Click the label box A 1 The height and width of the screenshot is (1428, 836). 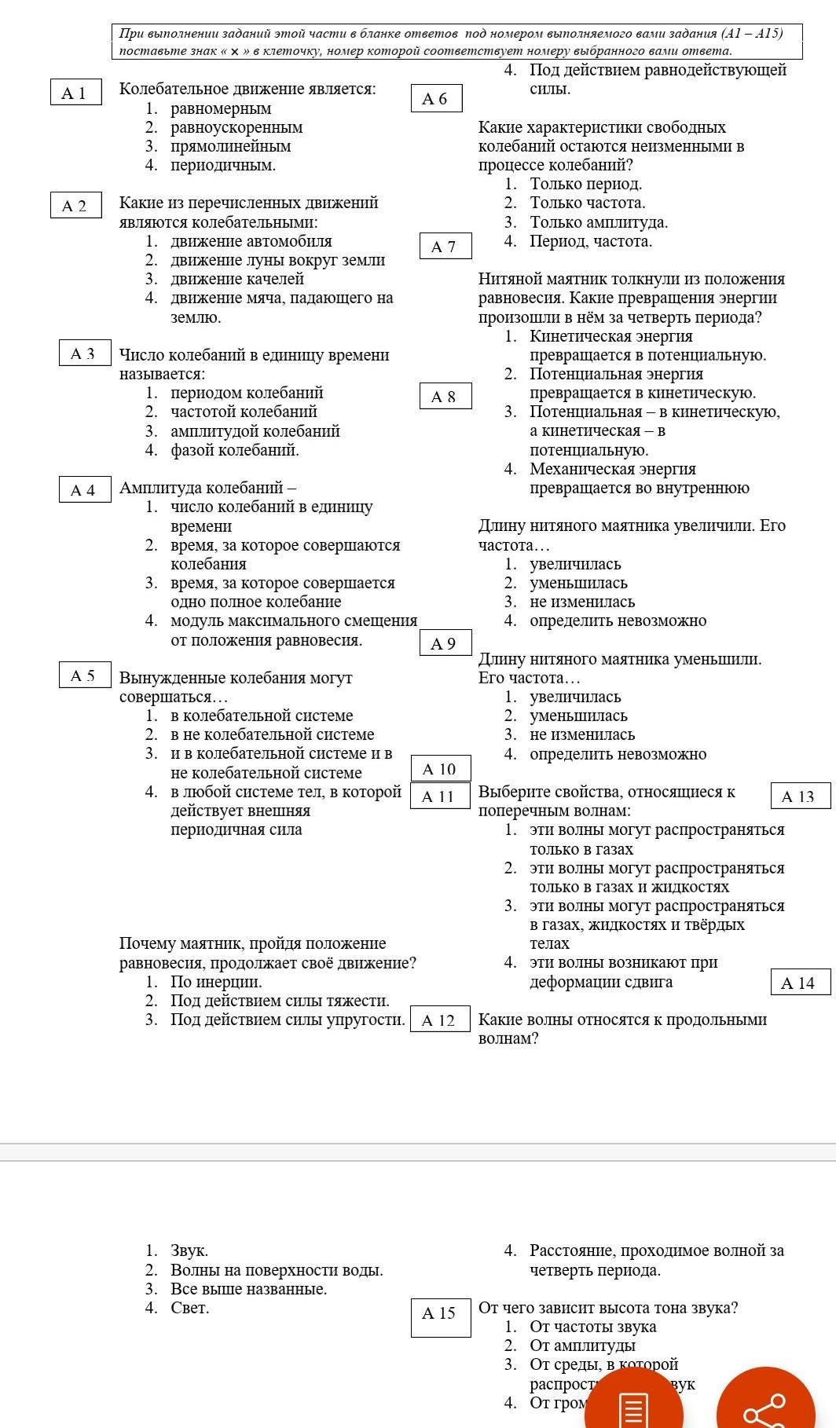coord(75,93)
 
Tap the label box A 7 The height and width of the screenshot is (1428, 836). coord(445,246)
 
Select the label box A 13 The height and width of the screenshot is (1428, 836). coord(800,796)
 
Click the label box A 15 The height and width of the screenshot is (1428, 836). coord(440,1314)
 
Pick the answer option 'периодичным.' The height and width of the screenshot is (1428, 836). coord(222,165)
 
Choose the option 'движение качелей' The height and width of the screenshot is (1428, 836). coord(236,279)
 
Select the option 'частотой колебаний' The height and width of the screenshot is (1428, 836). coord(244,412)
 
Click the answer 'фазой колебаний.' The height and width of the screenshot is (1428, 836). coord(234,450)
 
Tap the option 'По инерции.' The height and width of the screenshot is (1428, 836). coord(215,982)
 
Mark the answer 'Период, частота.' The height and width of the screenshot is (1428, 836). coord(590,241)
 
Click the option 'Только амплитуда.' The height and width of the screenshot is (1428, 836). coord(598,222)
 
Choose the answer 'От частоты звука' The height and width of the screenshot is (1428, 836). coord(592,1327)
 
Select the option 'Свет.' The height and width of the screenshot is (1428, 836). coord(189,1308)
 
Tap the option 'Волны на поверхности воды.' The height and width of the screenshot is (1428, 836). coord(276,1270)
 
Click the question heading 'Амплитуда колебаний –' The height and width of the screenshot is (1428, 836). coord(207,488)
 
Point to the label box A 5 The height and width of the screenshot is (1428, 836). coord(84,676)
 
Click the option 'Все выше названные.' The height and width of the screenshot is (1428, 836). coord(248,1289)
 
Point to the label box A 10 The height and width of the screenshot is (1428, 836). coord(440,769)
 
